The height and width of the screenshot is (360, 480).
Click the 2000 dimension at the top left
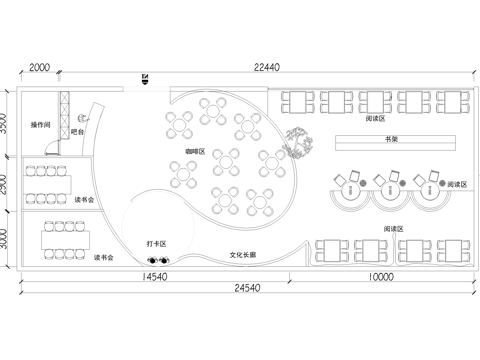[x=40, y=68]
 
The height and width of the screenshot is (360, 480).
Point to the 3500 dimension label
[x=6, y=123]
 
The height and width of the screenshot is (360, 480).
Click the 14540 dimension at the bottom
[x=155, y=276]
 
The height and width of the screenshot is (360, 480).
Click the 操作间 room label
[x=41, y=125]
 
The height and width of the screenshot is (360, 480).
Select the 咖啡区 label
[x=194, y=151]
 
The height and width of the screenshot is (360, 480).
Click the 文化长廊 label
[x=243, y=255]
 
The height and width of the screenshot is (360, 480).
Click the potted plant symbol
[x=297, y=142]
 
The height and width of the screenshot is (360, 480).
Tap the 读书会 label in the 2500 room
[x=85, y=200]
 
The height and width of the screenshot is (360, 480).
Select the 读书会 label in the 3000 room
[x=103, y=258]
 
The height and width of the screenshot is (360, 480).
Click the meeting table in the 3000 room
[x=62, y=239]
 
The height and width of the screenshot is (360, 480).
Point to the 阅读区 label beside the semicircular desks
[x=458, y=185]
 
